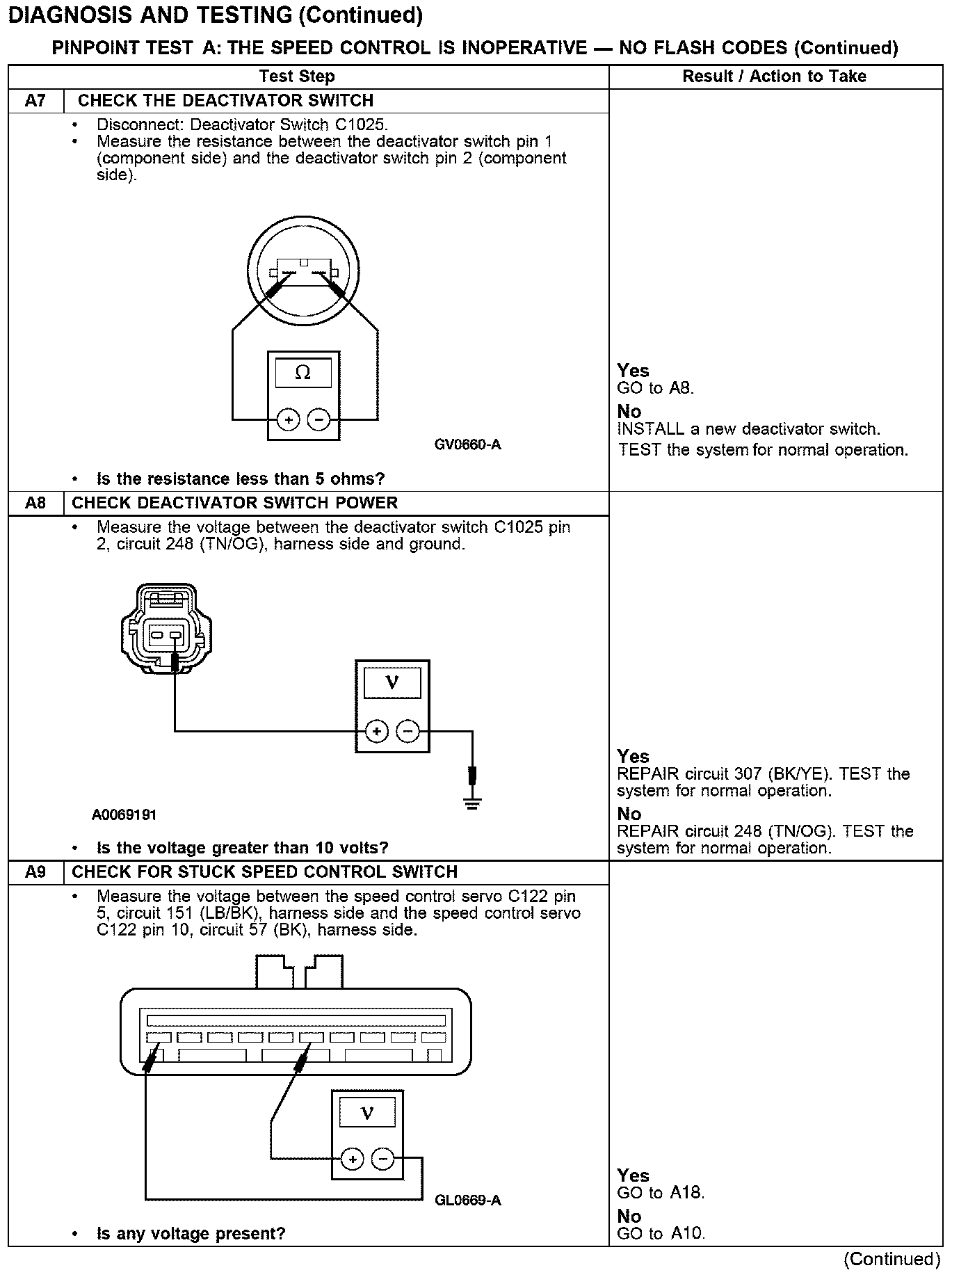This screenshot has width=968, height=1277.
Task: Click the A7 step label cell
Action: point(35,101)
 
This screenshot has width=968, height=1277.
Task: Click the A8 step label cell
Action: point(35,503)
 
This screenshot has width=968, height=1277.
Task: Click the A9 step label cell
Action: point(35,872)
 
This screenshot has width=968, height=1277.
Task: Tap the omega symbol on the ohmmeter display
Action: point(303,373)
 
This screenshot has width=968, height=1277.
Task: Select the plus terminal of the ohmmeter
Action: point(288,420)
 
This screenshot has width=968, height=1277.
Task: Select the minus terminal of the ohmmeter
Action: point(318,420)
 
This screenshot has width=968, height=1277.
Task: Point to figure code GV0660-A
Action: point(467,444)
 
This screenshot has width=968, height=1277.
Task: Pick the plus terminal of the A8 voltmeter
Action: point(376,731)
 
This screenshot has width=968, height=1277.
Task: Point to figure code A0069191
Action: point(124,814)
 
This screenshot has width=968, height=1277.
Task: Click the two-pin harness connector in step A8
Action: point(166,628)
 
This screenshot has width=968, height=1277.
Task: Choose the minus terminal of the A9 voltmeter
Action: point(382,1159)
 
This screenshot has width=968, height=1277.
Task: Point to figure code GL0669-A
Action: point(467,1200)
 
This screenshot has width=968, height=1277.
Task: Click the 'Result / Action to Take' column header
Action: point(775,77)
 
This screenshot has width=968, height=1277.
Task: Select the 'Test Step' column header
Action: point(297,77)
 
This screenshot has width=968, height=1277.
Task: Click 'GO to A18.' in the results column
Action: point(661,1193)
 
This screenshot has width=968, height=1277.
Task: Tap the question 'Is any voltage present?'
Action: point(191,1234)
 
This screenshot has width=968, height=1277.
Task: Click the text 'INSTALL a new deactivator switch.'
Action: point(749,429)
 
